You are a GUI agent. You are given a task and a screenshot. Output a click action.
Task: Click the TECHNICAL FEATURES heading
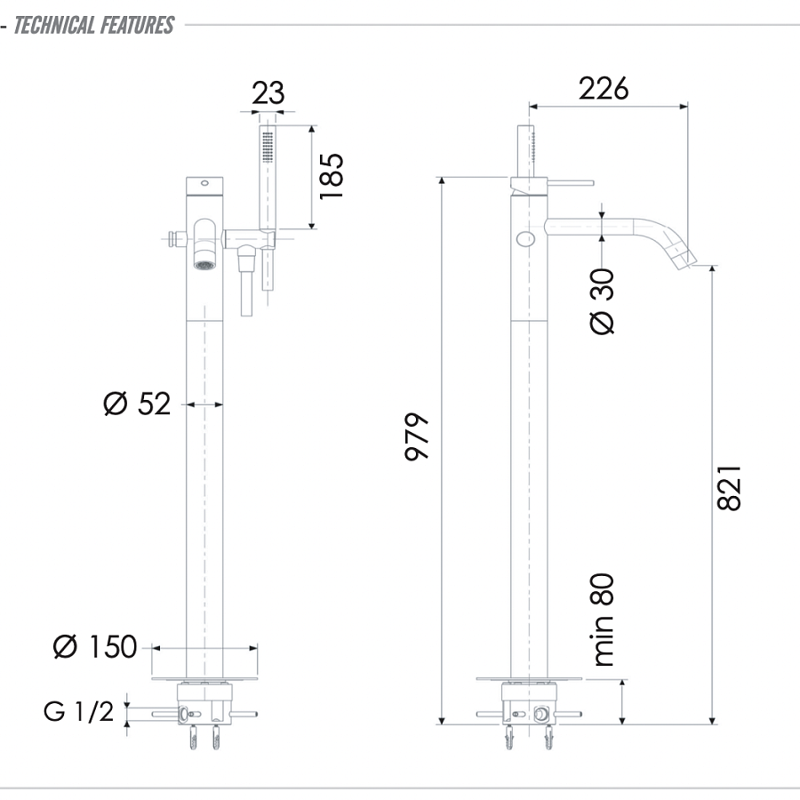pos(92,25)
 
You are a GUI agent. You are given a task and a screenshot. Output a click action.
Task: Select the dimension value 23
pos(268,93)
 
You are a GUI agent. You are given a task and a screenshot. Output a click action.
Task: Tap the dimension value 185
pos(331,176)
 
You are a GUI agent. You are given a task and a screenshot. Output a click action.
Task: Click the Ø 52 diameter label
pos(136,404)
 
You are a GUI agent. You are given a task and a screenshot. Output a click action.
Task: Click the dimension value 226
pos(604,88)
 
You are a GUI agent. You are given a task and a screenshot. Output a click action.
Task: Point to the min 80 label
pos(603,620)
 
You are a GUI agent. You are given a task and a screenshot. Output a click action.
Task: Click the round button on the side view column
pos(525,238)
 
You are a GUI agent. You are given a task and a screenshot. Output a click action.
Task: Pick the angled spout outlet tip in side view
pos(694,257)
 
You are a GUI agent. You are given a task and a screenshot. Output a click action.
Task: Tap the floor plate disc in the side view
pos(530,679)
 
